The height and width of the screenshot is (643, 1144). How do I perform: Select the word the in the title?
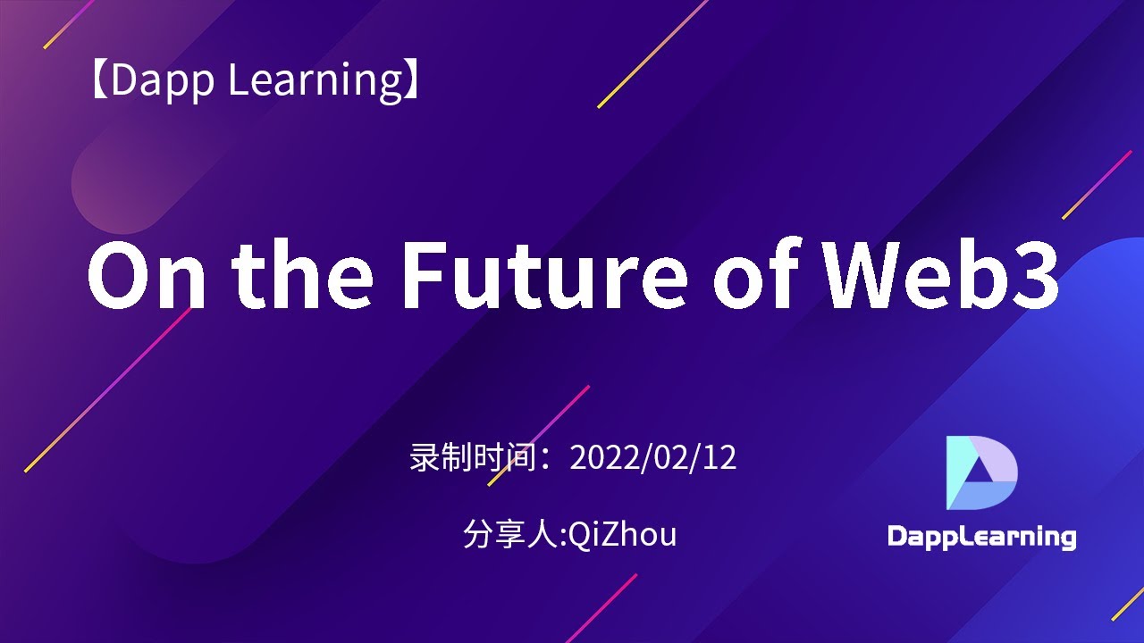point(304,274)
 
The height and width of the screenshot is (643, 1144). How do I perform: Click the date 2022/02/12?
point(653,457)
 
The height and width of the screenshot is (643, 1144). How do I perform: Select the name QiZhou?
point(623,534)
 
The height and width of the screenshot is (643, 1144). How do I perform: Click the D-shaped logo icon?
point(981,473)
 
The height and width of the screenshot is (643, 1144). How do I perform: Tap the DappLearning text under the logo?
point(981,537)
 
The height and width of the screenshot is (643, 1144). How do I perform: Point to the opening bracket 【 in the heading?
point(98,80)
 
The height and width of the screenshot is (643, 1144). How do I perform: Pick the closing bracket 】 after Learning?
point(412,80)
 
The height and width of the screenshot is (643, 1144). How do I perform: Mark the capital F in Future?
point(427,274)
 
